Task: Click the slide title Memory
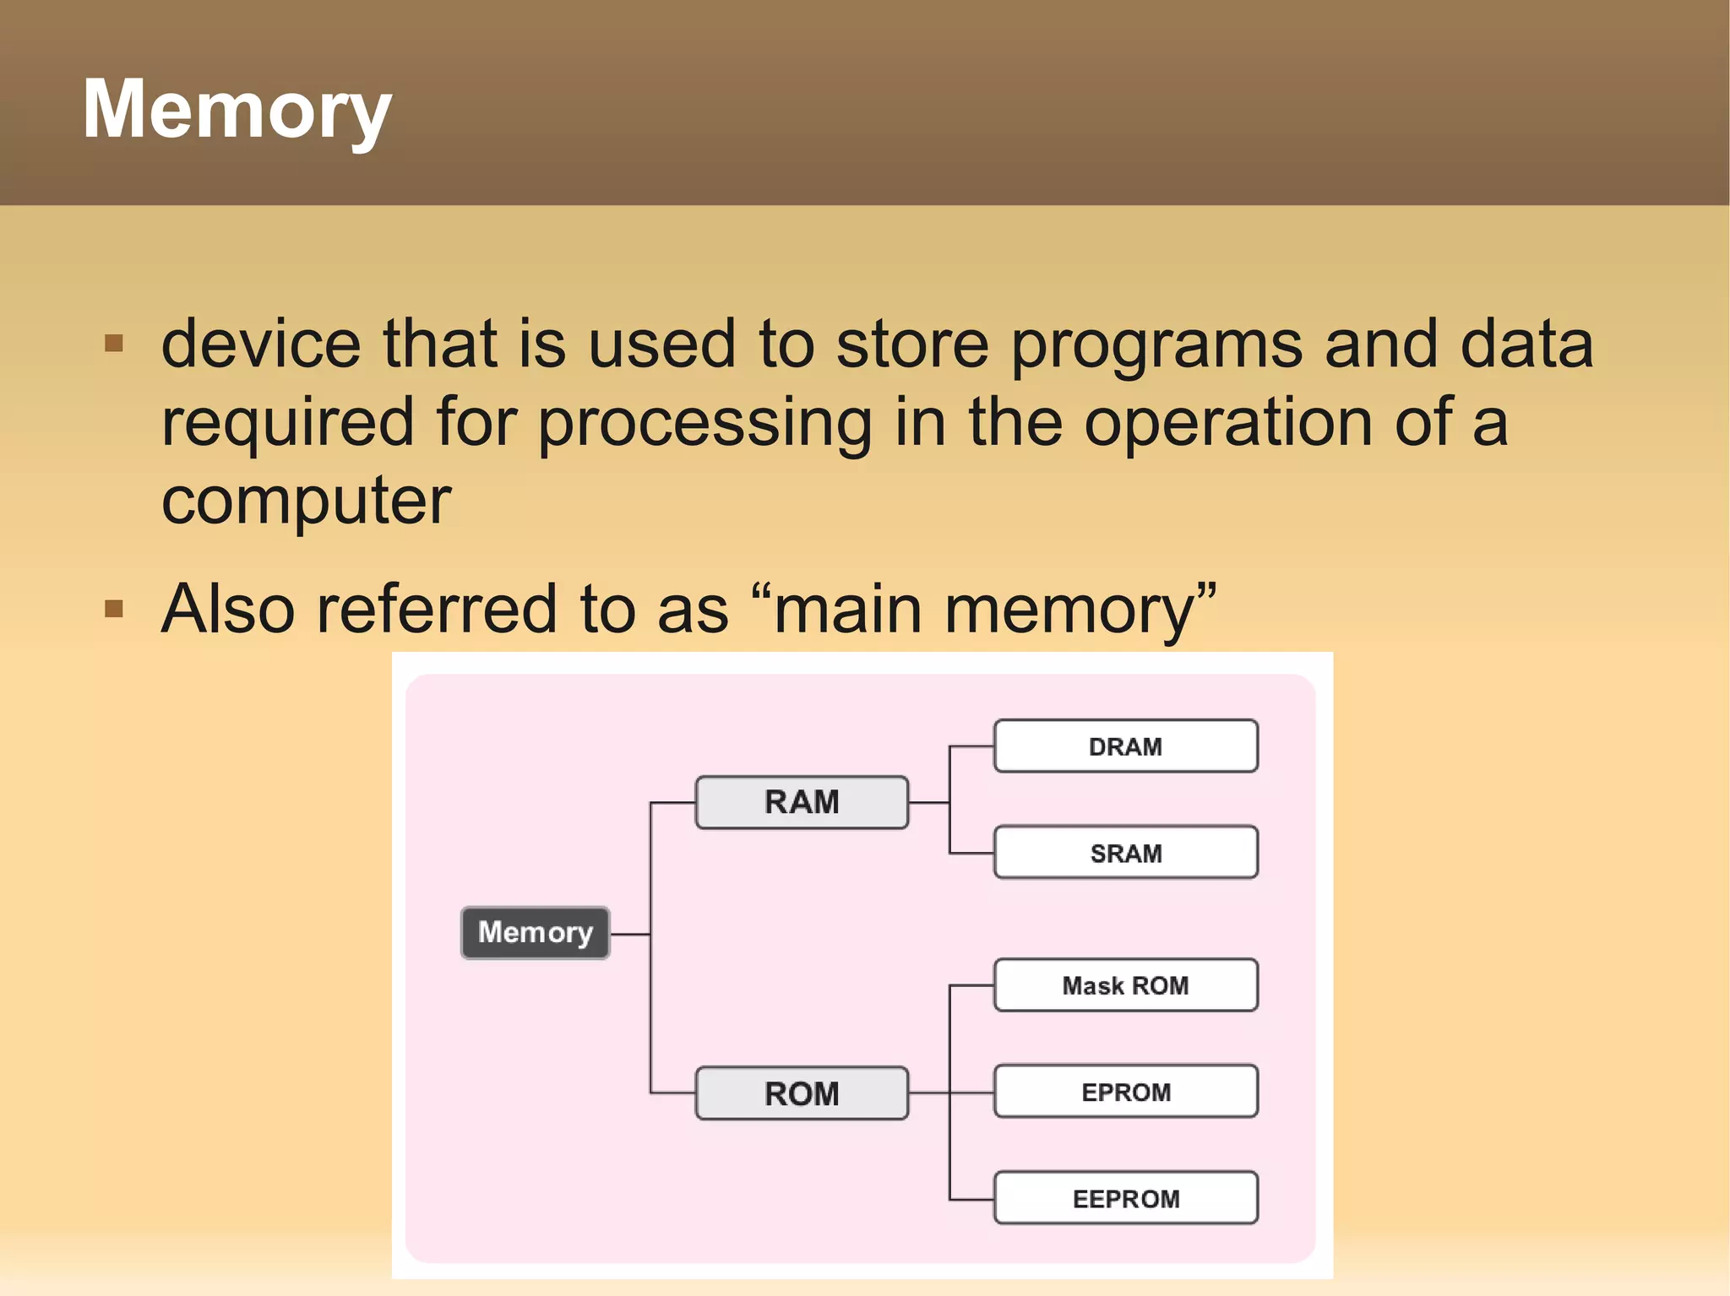pyautogui.click(x=237, y=110)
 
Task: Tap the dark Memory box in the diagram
pyautogui.click(x=535, y=933)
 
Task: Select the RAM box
pyautogui.click(x=801, y=802)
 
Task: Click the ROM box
pyautogui.click(x=801, y=1093)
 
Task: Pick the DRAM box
pyautogui.click(x=1125, y=746)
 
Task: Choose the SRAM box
pyautogui.click(x=1125, y=853)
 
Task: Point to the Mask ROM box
pyautogui.click(x=1125, y=985)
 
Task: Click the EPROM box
pyautogui.click(x=1125, y=1092)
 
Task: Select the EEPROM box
pyautogui.click(x=1125, y=1198)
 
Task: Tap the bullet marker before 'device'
pyautogui.click(x=114, y=344)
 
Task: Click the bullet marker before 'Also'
pyautogui.click(x=114, y=609)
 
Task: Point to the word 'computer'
pyautogui.click(x=306, y=502)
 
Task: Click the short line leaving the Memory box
pyautogui.click(x=629, y=935)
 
